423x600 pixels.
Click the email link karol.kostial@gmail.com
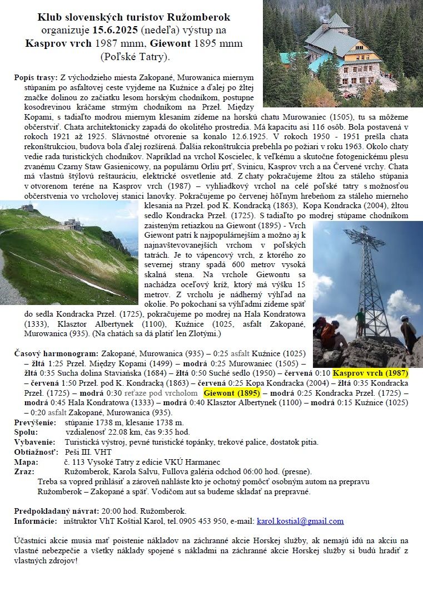[300, 522]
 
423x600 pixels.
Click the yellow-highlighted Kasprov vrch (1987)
[370, 373]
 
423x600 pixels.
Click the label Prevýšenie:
[34, 422]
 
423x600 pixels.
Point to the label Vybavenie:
[35, 442]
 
